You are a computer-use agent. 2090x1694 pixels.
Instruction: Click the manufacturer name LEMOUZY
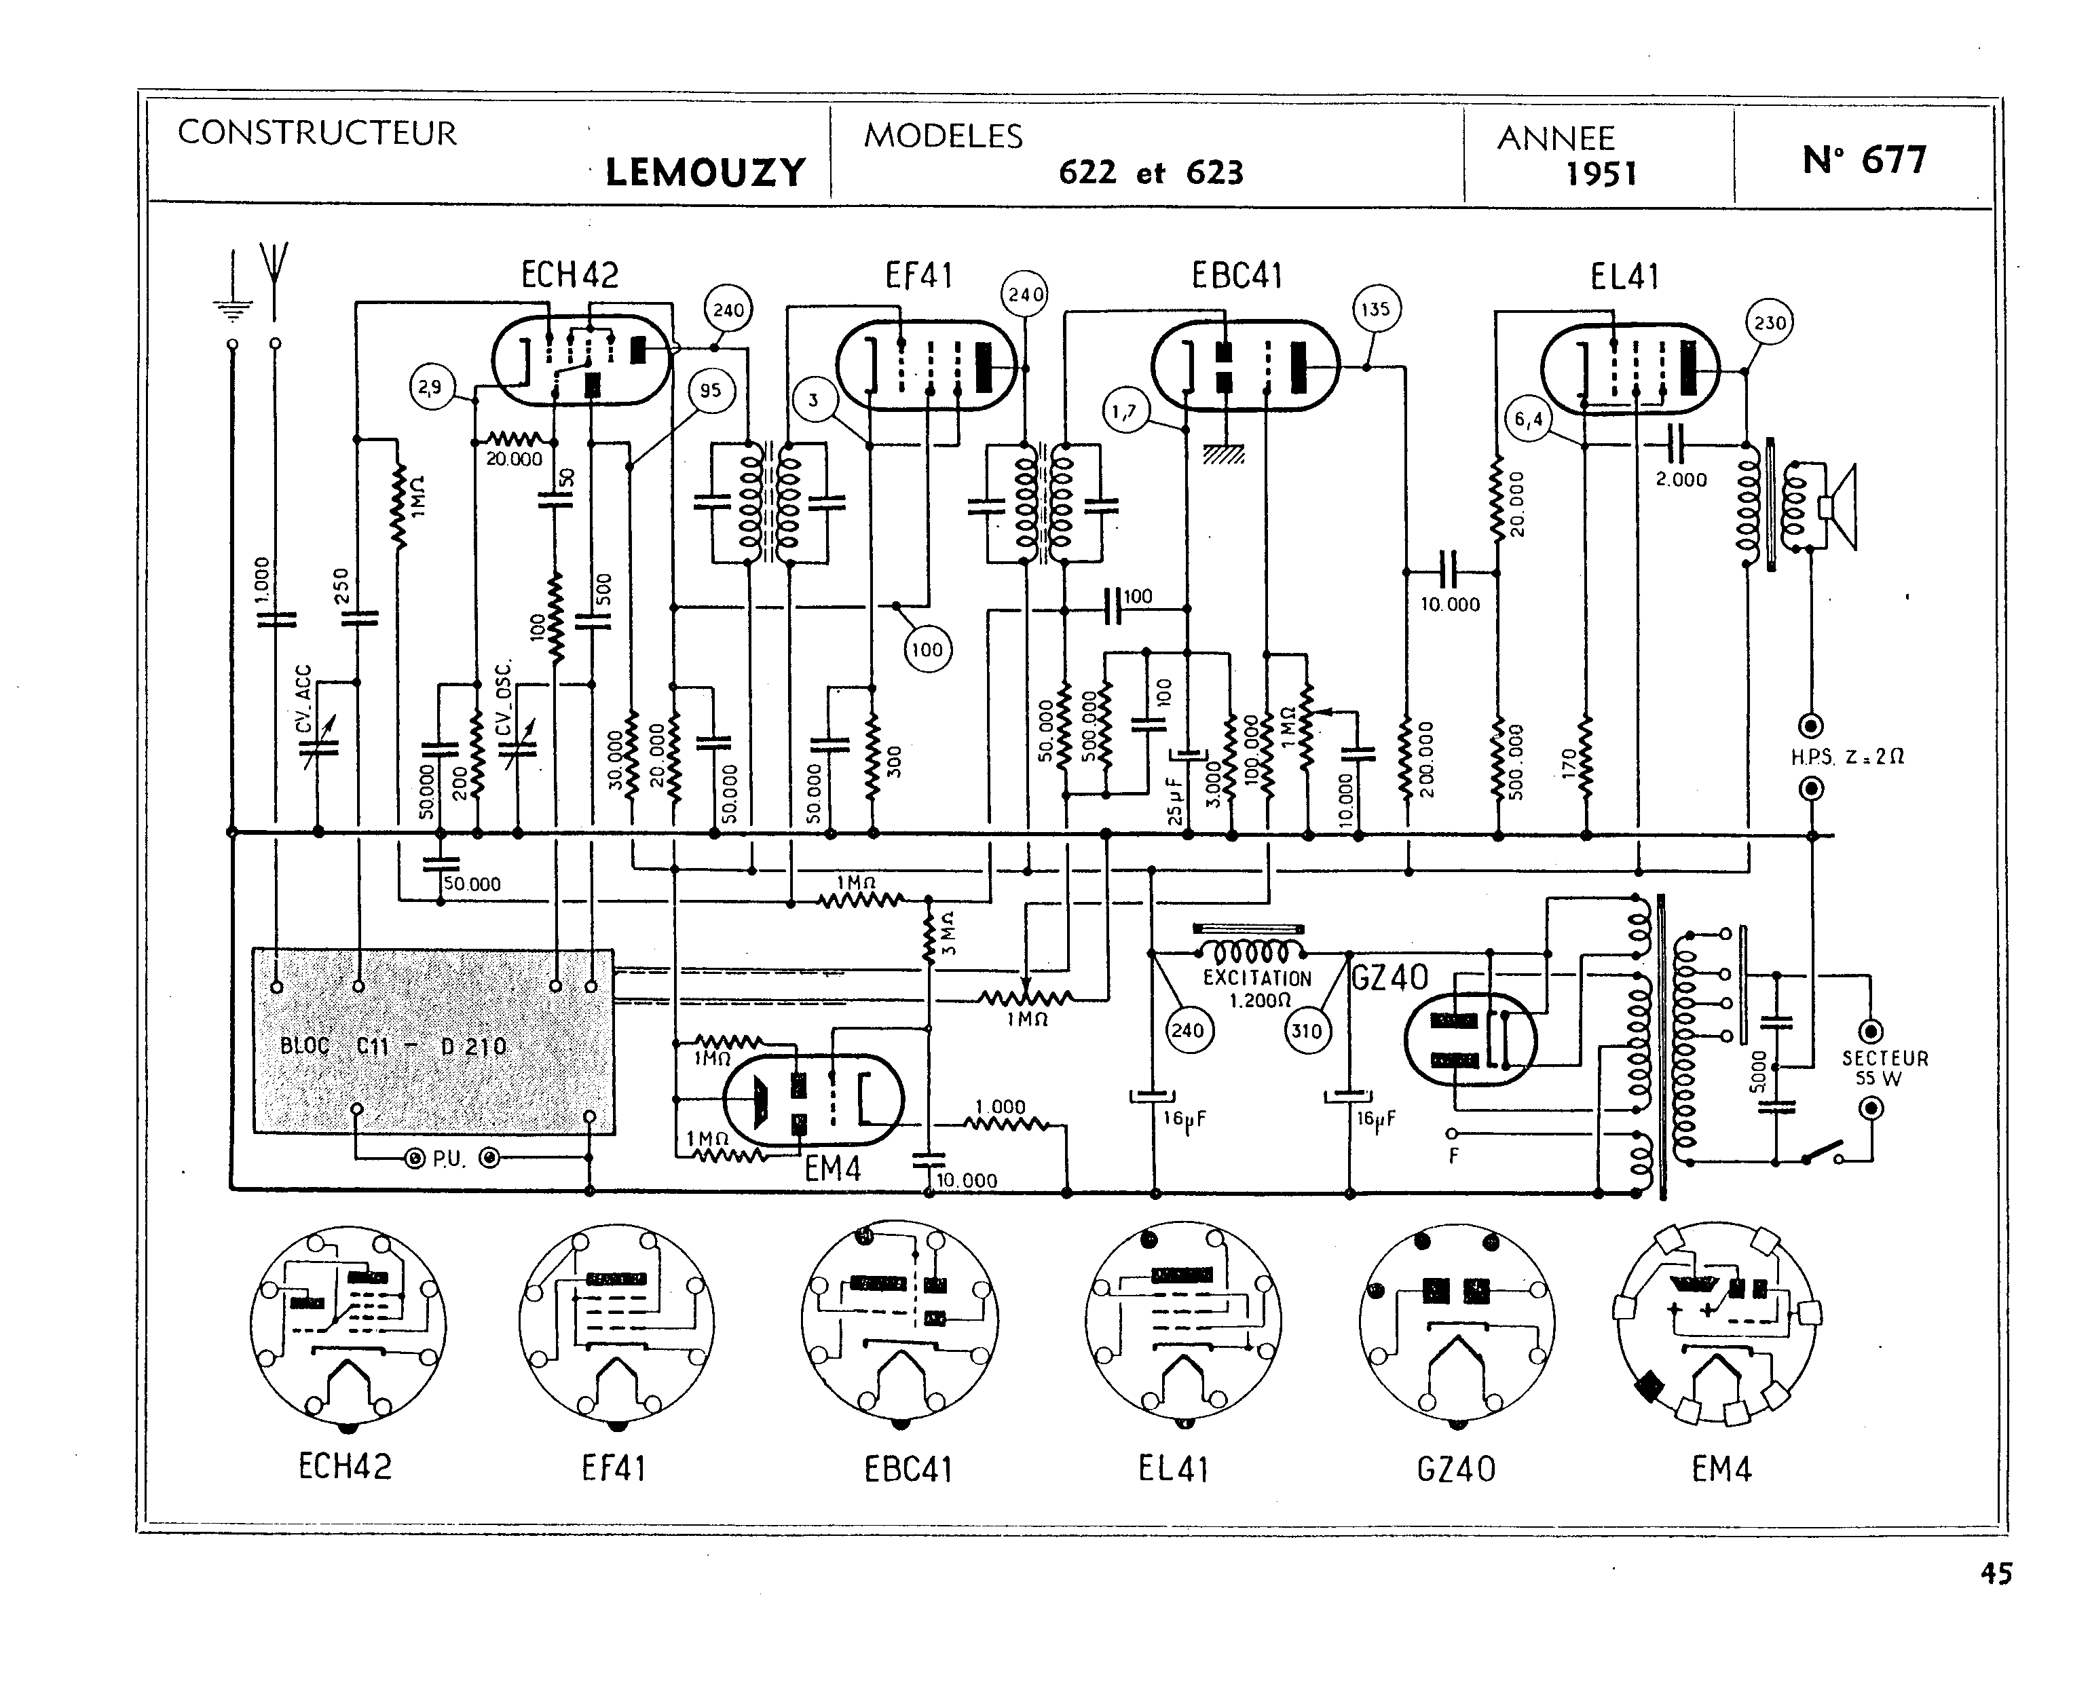click(x=705, y=172)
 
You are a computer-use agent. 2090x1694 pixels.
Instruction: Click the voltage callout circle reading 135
click(x=1375, y=309)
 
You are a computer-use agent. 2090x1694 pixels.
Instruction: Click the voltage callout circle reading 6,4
click(x=1529, y=419)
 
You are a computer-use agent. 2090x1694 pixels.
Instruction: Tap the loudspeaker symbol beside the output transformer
click(x=1840, y=508)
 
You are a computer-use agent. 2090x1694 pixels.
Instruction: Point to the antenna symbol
click(x=275, y=278)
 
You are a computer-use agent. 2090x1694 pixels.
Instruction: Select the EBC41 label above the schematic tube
click(x=1236, y=276)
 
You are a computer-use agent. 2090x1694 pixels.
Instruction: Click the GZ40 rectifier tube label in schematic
click(x=1389, y=977)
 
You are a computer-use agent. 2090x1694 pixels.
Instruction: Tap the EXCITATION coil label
click(x=1256, y=978)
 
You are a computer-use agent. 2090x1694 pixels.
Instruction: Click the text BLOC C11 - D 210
click(x=393, y=1046)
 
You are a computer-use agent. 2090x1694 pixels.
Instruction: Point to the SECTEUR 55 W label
click(x=1884, y=1068)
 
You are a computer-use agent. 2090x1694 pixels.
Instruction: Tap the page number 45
click(x=1996, y=1601)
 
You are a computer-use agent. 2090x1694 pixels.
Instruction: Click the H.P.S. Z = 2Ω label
click(x=1847, y=756)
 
